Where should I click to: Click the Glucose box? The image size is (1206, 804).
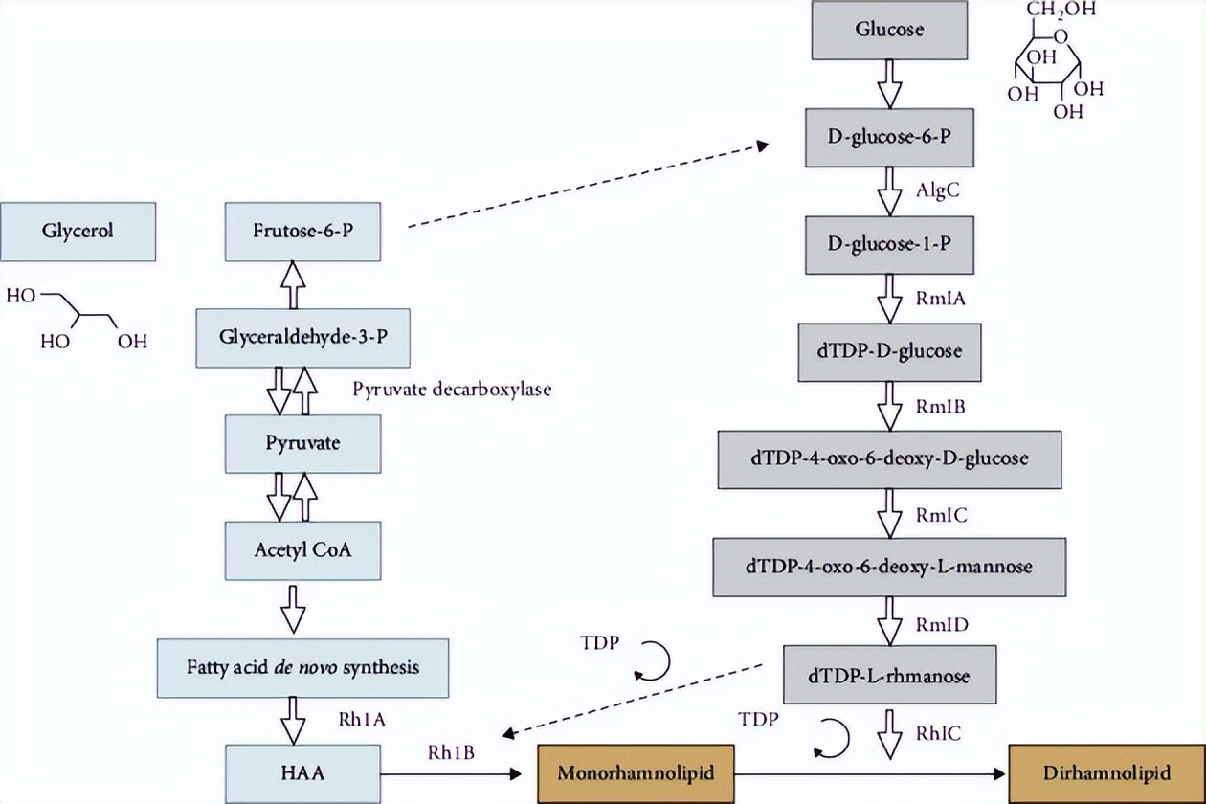pyautogui.click(x=889, y=29)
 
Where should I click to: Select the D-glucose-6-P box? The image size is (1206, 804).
pyautogui.click(x=889, y=137)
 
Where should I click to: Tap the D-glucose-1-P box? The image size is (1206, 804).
pyautogui.click(x=889, y=244)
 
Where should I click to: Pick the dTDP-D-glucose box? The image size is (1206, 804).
pyautogui.click(x=889, y=351)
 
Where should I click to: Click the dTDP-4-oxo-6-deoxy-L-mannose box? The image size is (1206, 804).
pyautogui.click(x=889, y=566)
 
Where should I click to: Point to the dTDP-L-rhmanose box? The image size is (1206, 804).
pyautogui.click(x=889, y=675)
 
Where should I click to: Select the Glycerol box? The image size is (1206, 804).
pyautogui.click(x=78, y=231)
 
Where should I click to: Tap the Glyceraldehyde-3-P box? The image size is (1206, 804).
pyautogui.click(x=303, y=337)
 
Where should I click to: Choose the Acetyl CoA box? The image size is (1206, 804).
pyautogui.click(x=303, y=550)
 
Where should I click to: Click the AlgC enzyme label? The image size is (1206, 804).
pyautogui.click(x=939, y=190)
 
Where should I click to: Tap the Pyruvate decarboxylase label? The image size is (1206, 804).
pyautogui.click(x=452, y=389)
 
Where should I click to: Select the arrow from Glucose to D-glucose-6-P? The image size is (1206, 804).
pyautogui.click(x=890, y=83)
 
